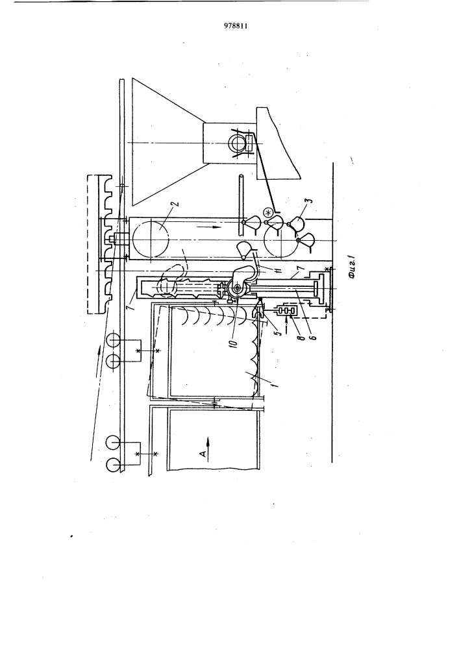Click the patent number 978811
pyautogui.click(x=236, y=25)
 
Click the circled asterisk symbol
pyautogui.click(x=268, y=213)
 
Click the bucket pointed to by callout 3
pyautogui.click(x=297, y=223)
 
